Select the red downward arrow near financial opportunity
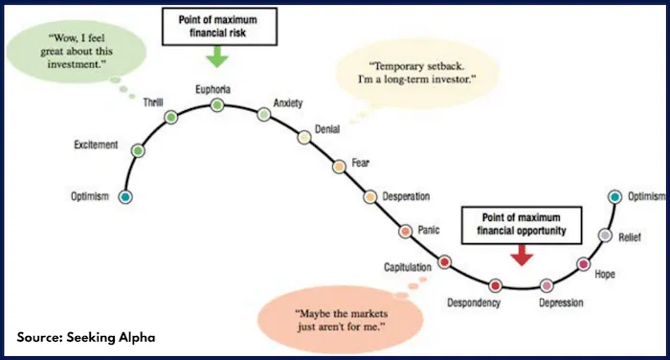[x=521, y=256]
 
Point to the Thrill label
[x=153, y=101]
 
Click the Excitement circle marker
[x=138, y=151]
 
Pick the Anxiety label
[x=288, y=101]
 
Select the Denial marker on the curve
[x=305, y=138]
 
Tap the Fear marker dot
[x=338, y=167]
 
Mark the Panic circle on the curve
[x=406, y=231]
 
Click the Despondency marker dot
[x=495, y=285]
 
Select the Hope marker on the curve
[x=583, y=263]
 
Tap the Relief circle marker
[x=605, y=236]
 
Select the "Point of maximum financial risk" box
[x=217, y=26]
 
